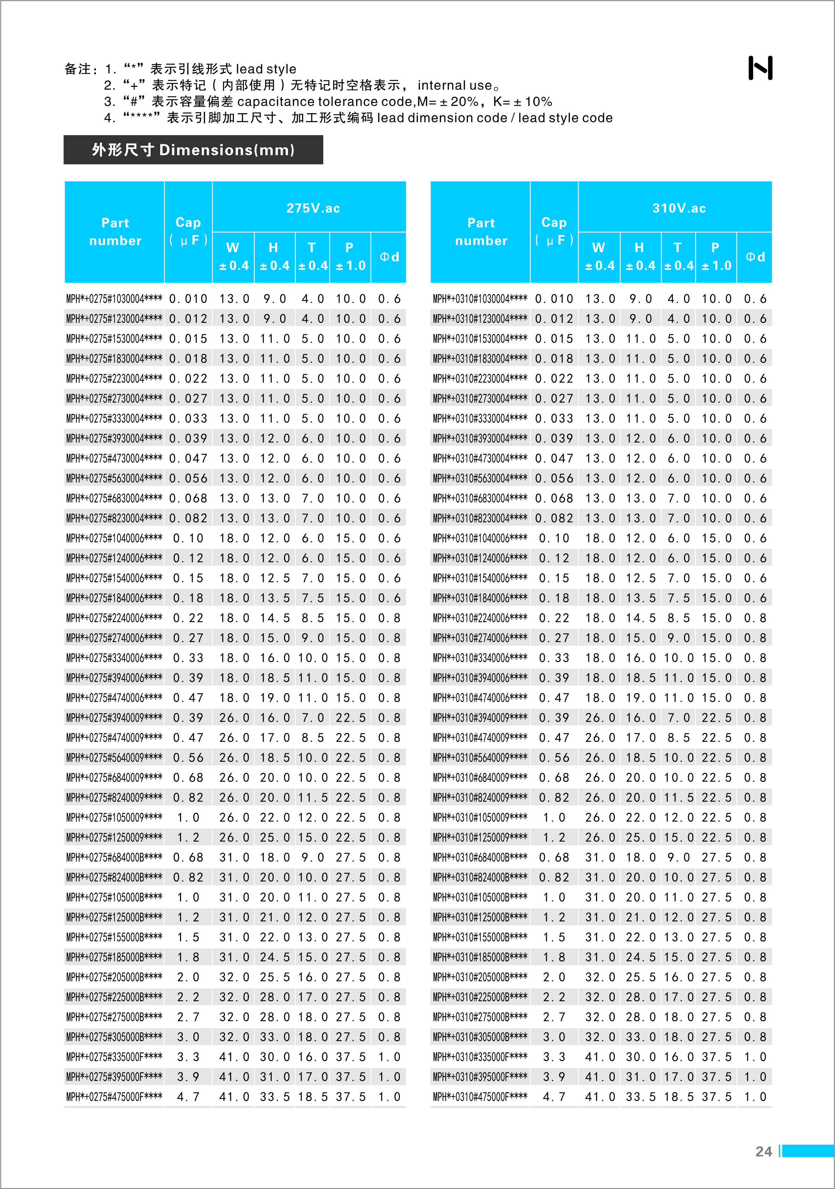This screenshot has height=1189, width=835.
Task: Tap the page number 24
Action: pos(763,1151)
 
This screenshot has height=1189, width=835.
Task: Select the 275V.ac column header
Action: pos(313,208)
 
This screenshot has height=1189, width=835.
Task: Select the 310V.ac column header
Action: pos(679,208)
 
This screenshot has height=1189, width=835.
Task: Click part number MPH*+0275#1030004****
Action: pos(114,299)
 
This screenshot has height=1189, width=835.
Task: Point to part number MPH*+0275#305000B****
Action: pos(114,1037)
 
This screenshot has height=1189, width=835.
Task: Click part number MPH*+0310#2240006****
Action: pos(480,618)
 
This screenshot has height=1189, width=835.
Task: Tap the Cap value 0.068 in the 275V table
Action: pos(188,498)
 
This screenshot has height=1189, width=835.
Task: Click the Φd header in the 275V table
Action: pos(389,257)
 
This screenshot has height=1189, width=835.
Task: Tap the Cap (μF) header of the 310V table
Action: pos(554,231)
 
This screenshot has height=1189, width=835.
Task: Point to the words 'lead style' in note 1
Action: pos(266,69)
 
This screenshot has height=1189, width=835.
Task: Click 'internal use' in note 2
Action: pos(454,85)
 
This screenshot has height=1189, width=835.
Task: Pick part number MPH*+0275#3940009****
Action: pos(114,718)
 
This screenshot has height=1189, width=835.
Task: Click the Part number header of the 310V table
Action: pos(481,232)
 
